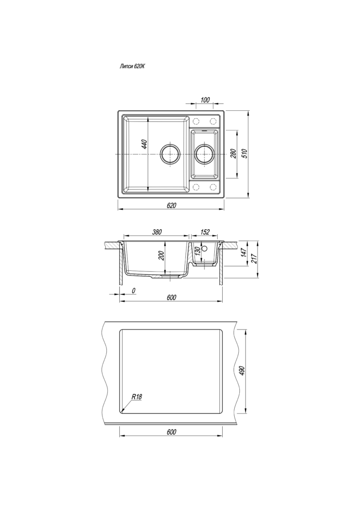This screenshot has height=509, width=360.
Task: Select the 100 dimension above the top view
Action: (205, 99)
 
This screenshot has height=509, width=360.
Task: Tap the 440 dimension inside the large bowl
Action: (145, 145)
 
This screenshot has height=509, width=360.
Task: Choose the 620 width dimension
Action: (172, 205)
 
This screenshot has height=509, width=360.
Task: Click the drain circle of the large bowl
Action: (170, 154)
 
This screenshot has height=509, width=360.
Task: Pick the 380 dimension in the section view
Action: (157, 232)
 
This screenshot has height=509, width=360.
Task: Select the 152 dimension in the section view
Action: (205, 232)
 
